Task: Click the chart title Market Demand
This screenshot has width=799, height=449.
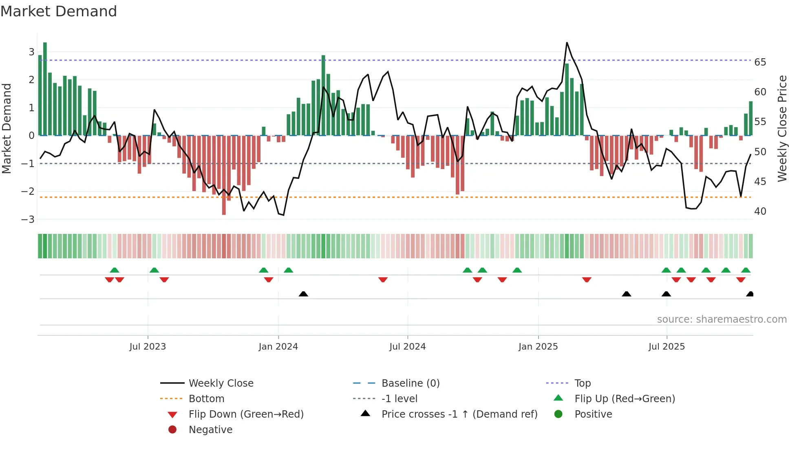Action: click(59, 11)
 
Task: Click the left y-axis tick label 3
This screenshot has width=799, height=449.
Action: click(31, 52)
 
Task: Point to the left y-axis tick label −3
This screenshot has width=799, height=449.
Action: click(28, 220)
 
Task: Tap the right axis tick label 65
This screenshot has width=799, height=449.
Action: click(760, 62)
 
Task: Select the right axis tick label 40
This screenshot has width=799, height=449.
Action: click(760, 211)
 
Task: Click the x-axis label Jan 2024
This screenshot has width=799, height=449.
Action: click(278, 347)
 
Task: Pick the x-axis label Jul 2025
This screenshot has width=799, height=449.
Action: click(667, 347)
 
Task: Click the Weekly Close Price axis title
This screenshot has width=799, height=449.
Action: click(782, 128)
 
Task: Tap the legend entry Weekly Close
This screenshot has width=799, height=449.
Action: click(221, 383)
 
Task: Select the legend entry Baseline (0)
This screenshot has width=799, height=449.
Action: click(410, 383)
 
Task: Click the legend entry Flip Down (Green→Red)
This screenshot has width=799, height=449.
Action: click(246, 414)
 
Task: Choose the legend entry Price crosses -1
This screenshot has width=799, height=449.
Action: click(459, 414)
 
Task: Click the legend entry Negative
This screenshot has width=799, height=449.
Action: click(210, 430)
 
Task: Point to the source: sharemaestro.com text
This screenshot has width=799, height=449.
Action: click(722, 319)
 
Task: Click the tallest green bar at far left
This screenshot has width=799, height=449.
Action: click(45, 89)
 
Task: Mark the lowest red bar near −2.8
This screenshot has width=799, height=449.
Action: click(224, 175)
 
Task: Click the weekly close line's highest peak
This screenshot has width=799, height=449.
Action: click(567, 43)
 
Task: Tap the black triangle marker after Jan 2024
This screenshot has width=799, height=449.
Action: click(303, 294)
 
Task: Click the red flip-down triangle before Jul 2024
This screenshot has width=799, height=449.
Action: click(383, 280)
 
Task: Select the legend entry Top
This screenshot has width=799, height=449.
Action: click(582, 383)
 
